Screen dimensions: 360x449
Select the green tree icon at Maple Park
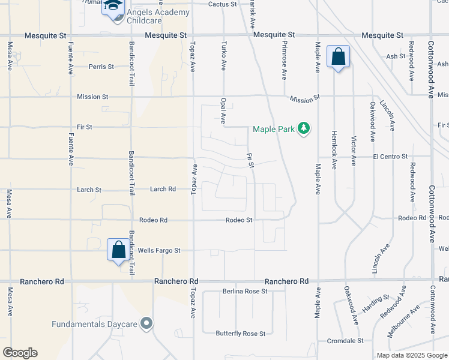coord(304,128)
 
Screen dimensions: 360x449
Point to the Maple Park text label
coord(273,129)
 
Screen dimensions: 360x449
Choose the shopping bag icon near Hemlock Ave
coord(338,57)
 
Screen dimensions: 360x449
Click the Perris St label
coord(101,67)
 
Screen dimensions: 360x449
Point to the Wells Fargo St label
coord(159,250)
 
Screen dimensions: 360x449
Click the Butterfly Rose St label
coord(241,333)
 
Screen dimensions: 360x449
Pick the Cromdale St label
coord(345,340)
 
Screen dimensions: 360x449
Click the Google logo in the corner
coord(20,353)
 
